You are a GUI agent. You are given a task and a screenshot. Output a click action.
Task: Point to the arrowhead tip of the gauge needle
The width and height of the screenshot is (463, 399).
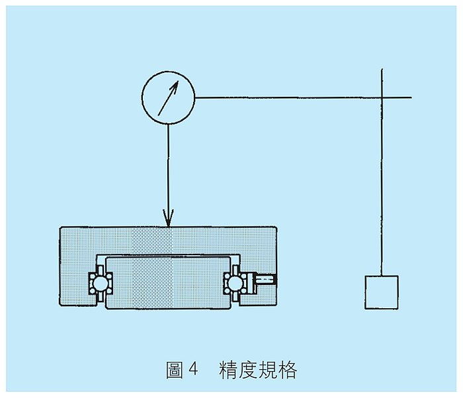tap(179, 80)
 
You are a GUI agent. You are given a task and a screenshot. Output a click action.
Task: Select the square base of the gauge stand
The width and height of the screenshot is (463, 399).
tap(382, 292)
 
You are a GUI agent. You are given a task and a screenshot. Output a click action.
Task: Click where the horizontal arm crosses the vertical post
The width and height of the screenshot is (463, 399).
tap(382, 97)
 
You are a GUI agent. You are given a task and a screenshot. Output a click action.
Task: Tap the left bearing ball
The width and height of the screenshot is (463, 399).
tap(100, 284)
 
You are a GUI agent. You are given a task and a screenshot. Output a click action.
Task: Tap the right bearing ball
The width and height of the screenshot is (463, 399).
tap(235, 284)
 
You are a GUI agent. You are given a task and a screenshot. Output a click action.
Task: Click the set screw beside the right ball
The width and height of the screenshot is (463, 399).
tap(265, 280)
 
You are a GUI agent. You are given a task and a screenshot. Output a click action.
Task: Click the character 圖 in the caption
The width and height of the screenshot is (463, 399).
tap(175, 370)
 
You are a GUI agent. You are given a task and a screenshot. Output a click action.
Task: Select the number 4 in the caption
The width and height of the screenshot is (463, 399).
tap(193, 369)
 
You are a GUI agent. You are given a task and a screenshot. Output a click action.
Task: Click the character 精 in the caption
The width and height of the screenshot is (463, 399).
tap(228, 370)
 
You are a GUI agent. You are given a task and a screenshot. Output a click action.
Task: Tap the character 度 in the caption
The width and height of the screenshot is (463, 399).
tap(247, 370)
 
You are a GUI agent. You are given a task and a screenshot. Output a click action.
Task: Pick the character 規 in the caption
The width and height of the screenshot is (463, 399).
tap(267, 370)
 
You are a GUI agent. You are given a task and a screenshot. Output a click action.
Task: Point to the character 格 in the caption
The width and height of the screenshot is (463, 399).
tap(287, 370)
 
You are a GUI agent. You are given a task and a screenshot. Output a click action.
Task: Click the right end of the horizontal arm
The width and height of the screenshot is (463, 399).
tap(411, 97)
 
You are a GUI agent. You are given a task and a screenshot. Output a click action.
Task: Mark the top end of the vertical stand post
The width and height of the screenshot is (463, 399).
tap(382, 69)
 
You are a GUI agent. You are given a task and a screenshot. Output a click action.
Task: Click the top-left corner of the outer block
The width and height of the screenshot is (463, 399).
tap(60, 227)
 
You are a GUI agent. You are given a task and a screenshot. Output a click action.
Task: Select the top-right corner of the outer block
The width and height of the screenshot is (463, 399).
tap(276, 227)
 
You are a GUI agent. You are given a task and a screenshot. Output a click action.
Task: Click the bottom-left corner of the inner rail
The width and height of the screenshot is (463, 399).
tap(106, 310)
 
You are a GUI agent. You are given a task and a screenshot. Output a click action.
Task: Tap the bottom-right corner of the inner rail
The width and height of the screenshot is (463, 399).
tap(231, 310)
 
